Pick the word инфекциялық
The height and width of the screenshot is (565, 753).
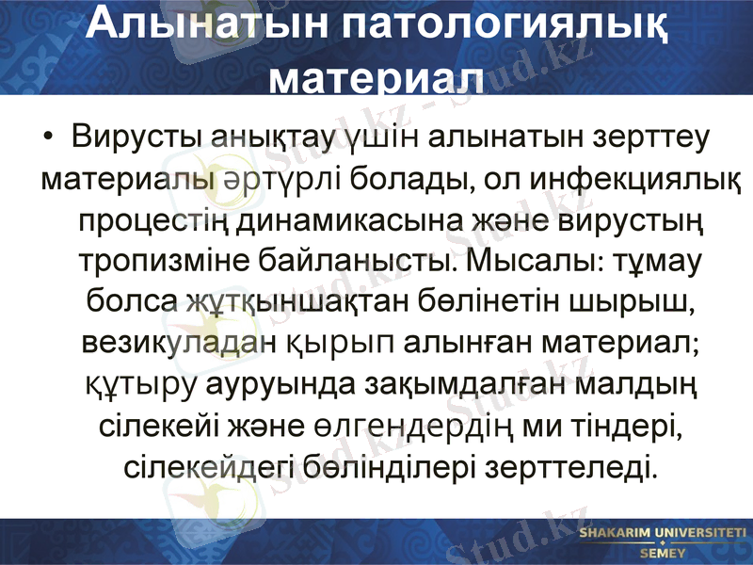[631, 179]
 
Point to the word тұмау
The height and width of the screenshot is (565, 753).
[654, 261]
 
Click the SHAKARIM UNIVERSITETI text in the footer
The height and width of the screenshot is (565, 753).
[662, 534]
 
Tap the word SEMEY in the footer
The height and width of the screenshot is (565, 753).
[662, 554]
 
